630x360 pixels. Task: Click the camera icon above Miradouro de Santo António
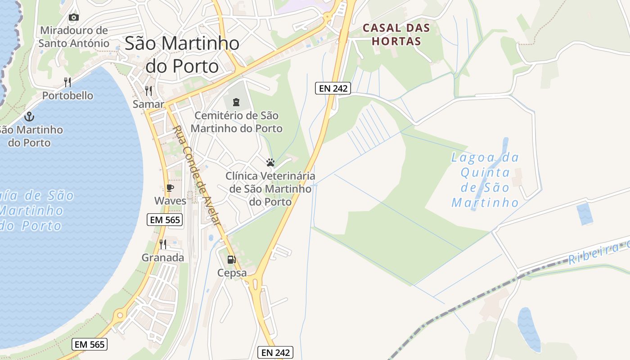74,18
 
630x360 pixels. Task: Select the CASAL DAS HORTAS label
396,35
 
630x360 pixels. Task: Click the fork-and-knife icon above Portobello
67,82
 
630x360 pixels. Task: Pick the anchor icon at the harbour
29,117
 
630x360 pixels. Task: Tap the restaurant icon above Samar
148,90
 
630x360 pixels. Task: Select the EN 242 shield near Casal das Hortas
333,88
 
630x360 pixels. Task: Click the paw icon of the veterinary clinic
270,162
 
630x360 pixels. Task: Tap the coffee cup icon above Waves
170,188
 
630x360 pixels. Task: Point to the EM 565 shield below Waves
165,220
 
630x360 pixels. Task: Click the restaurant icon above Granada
163,244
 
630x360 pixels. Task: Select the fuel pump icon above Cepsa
231,259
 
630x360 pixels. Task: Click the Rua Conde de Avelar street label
197,175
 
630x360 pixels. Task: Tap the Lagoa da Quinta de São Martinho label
485,180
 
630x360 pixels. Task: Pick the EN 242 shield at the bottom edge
275,352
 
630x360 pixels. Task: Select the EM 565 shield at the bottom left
89,344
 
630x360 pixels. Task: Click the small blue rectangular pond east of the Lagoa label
585,214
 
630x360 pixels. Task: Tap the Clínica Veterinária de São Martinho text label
270,189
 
